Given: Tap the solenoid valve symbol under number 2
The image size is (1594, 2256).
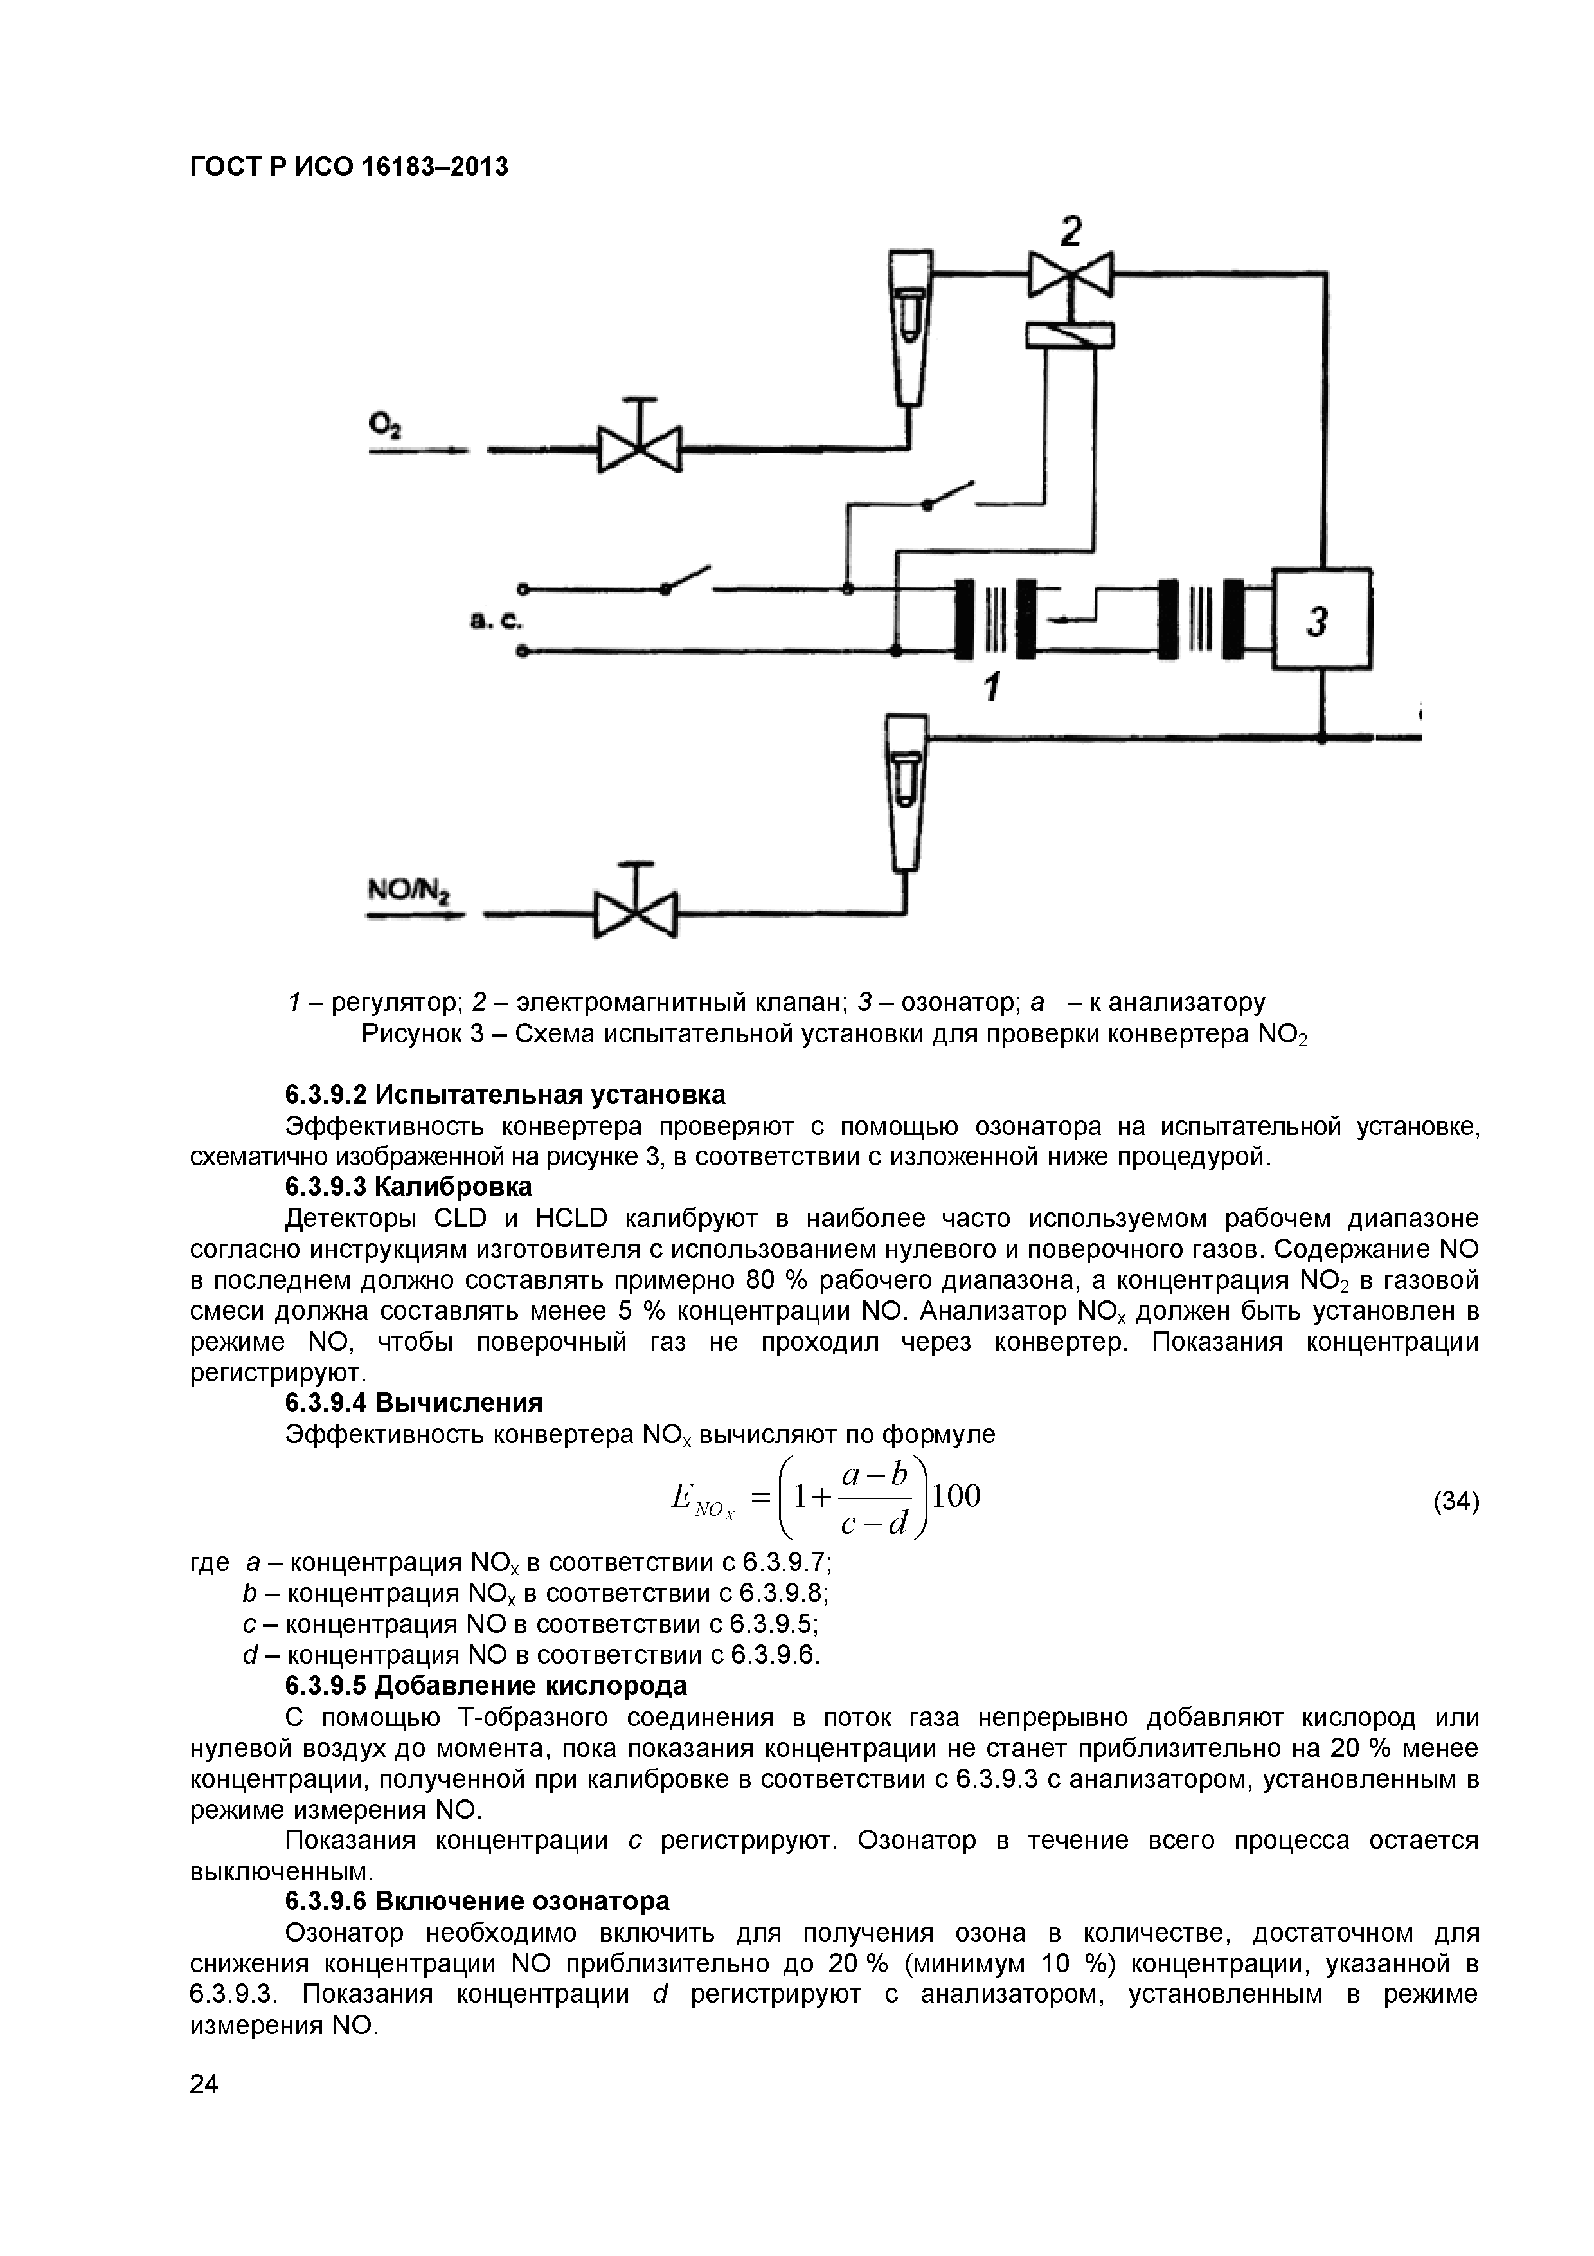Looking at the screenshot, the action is (x=1071, y=274).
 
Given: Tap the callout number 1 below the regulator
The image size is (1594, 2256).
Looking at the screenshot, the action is (x=993, y=686).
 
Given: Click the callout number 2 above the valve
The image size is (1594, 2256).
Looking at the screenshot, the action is (x=1071, y=231).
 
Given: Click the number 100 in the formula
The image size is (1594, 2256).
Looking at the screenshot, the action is (x=956, y=1496).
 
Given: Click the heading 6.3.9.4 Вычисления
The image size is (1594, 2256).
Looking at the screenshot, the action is (x=413, y=1402).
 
